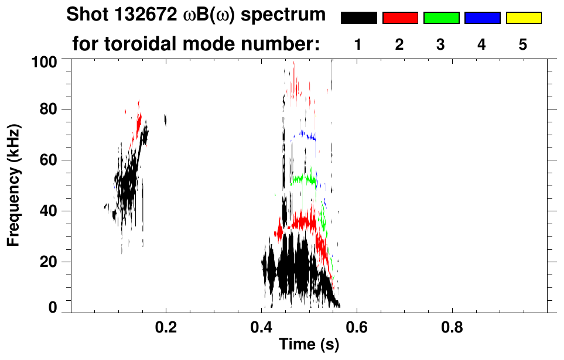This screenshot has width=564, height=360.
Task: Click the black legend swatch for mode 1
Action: click(358, 18)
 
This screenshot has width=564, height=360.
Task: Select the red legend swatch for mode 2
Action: click(400, 18)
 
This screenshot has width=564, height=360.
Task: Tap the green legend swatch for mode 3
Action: click(441, 18)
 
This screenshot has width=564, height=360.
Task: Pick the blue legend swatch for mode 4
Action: click(482, 18)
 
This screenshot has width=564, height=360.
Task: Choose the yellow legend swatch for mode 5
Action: click(523, 18)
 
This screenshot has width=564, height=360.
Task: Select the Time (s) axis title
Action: click(308, 345)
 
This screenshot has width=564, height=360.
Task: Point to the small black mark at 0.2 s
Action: click(166, 120)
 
